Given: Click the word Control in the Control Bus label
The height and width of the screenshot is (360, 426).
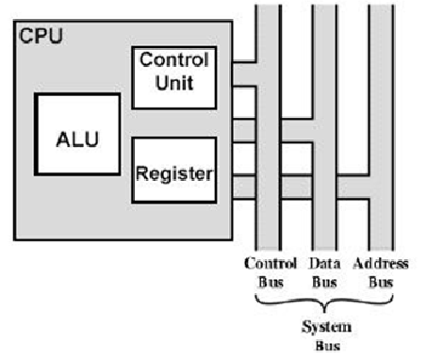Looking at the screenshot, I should pos(270,264).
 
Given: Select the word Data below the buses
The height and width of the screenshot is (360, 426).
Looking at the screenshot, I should pos(324,264).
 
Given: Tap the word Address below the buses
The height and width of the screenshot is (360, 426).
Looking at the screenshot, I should pos(381,264).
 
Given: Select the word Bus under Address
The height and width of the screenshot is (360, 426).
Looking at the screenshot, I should pos(381,280).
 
